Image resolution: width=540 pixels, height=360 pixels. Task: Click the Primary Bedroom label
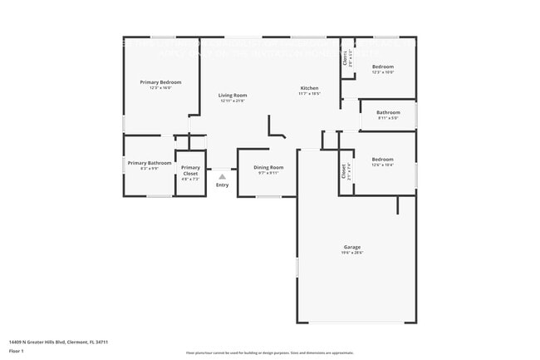(160, 82)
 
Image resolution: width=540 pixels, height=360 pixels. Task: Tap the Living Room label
(233, 96)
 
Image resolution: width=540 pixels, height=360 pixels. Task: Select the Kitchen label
(310, 88)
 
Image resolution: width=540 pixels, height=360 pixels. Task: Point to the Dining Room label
(268, 168)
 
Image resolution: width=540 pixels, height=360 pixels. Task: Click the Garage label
(352, 247)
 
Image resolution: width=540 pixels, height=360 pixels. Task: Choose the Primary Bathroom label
(150, 163)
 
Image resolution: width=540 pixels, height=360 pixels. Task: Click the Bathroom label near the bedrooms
(388, 112)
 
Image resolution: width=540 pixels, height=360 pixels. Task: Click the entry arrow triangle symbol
(222, 176)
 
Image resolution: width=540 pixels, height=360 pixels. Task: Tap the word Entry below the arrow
(222, 185)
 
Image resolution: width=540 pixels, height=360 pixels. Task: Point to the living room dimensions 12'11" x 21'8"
(233, 101)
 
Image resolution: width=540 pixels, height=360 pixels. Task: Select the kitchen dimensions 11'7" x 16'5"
(310, 94)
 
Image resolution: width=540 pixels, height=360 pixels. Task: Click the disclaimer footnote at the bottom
(270, 353)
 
